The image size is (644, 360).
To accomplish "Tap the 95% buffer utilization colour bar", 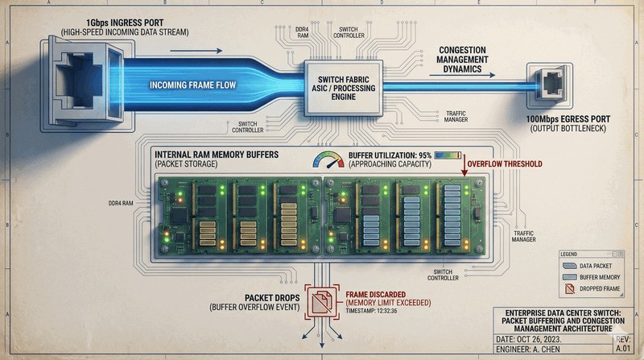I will pyautogui.click(x=445, y=155).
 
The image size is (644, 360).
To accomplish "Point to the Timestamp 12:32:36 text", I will pyautogui.click(x=372, y=309).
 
